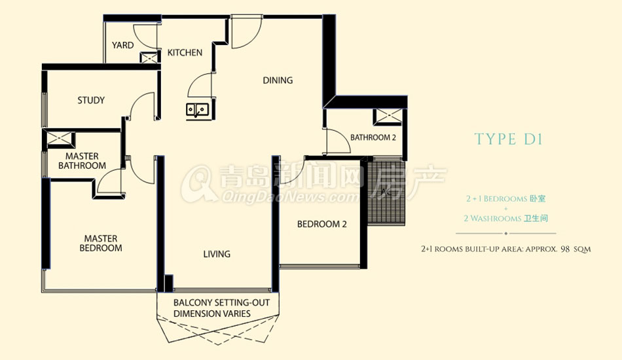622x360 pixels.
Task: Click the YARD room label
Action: [122, 45]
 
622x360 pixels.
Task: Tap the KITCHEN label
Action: [185, 52]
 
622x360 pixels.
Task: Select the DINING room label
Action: [278, 80]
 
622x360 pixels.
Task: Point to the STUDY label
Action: [91, 100]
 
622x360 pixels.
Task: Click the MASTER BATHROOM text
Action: [82, 161]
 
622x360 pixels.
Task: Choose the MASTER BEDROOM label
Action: [101, 243]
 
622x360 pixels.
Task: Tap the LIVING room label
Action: [217, 254]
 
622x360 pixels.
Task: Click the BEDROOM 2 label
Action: [321, 224]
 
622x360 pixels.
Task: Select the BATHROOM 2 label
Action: [373, 137]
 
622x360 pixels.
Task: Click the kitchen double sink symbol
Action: [197, 109]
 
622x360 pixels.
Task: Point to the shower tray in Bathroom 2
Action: [388, 117]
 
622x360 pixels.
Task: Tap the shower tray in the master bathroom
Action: [59, 138]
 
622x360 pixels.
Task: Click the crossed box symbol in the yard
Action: [149, 58]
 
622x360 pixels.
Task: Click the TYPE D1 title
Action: [508, 139]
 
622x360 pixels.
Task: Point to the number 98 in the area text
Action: [566, 249]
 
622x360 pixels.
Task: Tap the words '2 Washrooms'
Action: [492, 219]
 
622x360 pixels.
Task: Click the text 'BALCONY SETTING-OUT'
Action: [221, 303]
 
